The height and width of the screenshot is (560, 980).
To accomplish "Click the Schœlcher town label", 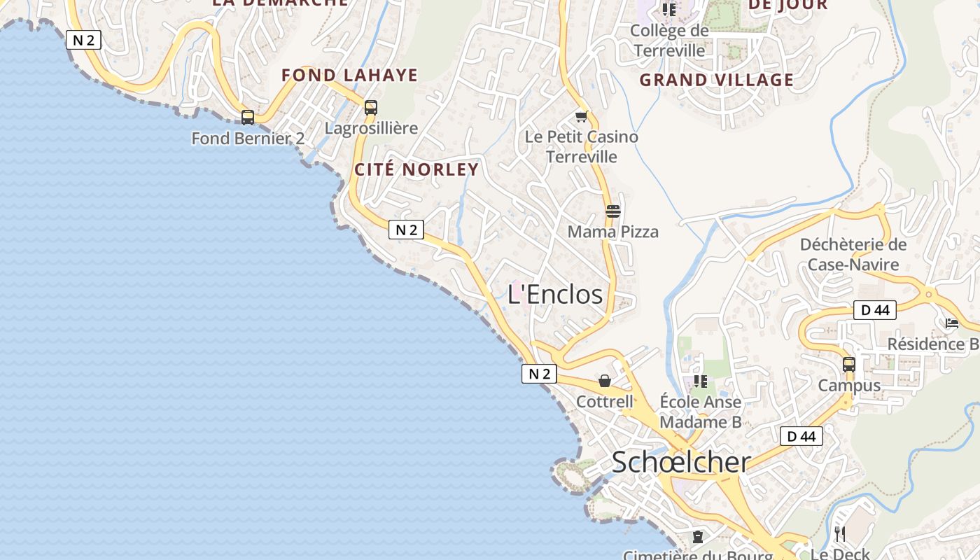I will [x=681, y=462].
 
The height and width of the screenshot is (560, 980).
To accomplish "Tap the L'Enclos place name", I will [x=555, y=294].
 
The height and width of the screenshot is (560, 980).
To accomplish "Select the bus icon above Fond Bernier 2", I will [x=248, y=117].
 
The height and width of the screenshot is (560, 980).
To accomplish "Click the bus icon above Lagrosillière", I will [x=371, y=108].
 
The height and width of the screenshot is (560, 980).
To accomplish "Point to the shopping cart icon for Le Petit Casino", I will [x=581, y=116].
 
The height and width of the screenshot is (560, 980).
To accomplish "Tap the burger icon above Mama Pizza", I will [x=613, y=211].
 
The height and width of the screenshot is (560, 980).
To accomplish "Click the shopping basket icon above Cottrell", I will [x=605, y=381].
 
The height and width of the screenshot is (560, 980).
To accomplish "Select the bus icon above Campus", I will [x=849, y=364].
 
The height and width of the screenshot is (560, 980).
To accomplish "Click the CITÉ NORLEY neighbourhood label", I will [x=416, y=169].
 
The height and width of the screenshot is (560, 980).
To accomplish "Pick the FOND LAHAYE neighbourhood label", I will [x=349, y=75].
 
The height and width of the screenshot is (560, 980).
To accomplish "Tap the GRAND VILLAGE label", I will [x=717, y=80].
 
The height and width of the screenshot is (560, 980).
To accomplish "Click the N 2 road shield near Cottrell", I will [x=539, y=374].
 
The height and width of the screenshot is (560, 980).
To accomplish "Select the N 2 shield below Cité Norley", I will [x=406, y=230].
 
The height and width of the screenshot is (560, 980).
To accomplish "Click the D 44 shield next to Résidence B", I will [x=874, y=310].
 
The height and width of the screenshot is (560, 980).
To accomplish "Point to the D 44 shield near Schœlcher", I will [x=801, y=437].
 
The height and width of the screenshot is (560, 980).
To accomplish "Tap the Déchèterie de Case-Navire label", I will [x=853, y=254].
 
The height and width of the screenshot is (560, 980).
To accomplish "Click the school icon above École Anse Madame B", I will [x=701, y=381].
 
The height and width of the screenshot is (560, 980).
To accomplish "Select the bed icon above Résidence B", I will [x=952, y=323].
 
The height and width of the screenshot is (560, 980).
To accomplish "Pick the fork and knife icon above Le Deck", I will [x=840, y=534].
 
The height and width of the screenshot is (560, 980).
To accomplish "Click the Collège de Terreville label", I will [x=669, y=41].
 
